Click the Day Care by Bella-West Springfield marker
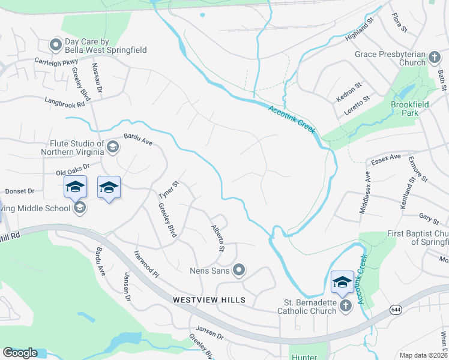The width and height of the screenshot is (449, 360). pyautogui.click(x=56, y=44)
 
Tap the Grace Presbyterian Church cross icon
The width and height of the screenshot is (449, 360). pyautogui.click(x=435, y=58)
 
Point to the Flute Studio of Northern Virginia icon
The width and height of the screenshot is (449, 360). pyautogui.click(x=112, y=147)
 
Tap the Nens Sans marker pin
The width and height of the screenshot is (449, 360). pyautogui.click(x=239, y=271)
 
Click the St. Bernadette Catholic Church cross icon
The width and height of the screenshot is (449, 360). pyautogui.click(x=345, y=306)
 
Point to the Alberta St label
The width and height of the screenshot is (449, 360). pyautogui.click(x=217, y=238)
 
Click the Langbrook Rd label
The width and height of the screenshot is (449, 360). pyautogui.click(x=65, y=103)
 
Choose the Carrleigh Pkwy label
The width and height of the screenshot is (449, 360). pyautogui.click(x=56, y=61)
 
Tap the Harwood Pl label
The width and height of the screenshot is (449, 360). pyautogui.click(x=146, y=264)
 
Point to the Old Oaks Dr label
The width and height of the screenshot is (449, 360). pyautogui.click(x=72, y=170)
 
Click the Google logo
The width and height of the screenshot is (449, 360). pyautogui.click(x=20, y=353)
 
